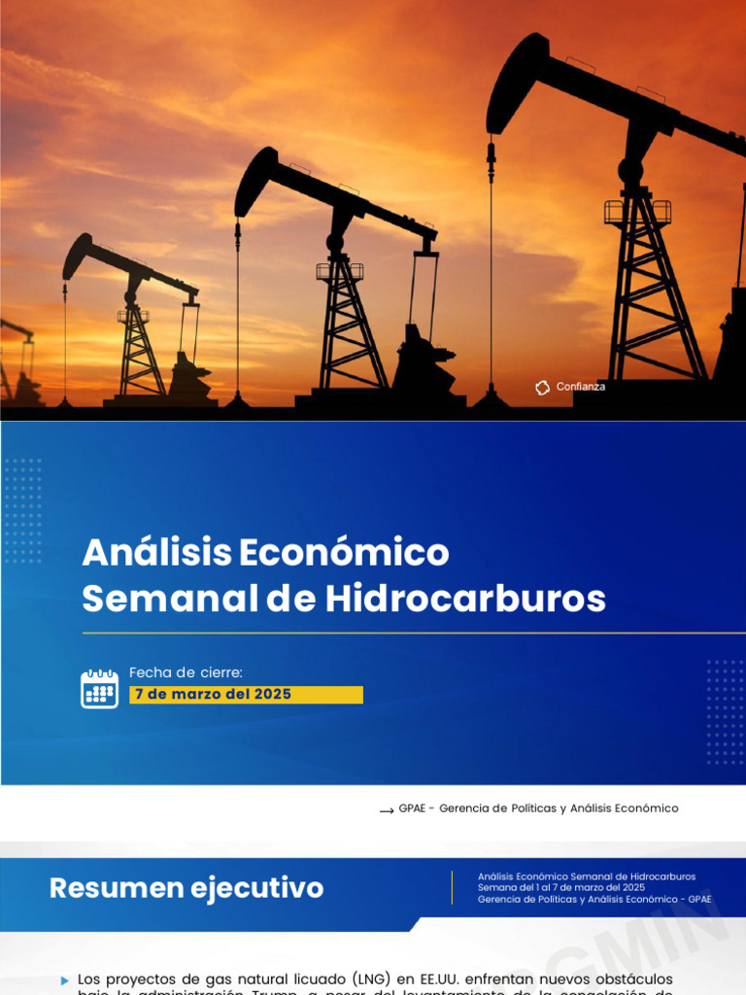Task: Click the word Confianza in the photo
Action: (x=581, y=387)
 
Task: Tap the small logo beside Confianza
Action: (x=542, y=388)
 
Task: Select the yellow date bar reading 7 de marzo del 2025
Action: (x=246, y=695)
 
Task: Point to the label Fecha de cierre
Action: (x=186, y=672)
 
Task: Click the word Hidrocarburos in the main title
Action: (x=465, y=599)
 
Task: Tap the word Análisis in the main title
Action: (x=156, y=553)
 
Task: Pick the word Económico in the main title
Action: (x=344, y=553)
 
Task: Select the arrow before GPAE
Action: (x=386, y=809)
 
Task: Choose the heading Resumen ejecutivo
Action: (x=186, y=888)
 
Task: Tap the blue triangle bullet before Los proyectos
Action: (x=65, y=980)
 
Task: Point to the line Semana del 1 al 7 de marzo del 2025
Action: (x=560, y=887)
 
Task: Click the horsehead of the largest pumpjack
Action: (x=515, y=82)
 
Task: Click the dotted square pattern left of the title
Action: (x=22, y=510)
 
